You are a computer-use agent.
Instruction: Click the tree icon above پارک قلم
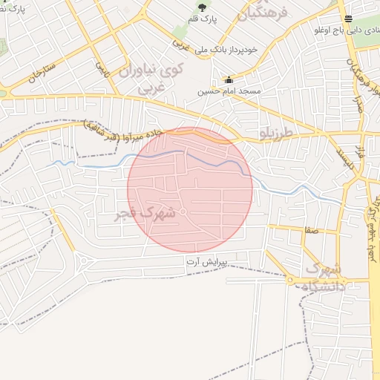[202, 7]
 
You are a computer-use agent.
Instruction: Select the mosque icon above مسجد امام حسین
[228, 80]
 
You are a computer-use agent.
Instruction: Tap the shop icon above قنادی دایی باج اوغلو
[348, 19]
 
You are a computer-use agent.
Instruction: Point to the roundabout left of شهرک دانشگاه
[289, 281]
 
